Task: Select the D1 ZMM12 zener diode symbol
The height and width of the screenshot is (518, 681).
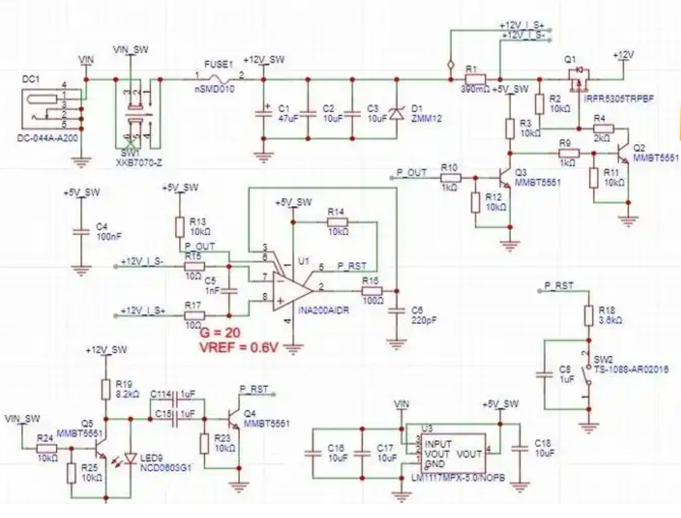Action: [397, 113]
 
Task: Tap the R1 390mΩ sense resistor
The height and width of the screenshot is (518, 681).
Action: [475, 80]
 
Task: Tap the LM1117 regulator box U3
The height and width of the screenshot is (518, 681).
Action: [453, 454]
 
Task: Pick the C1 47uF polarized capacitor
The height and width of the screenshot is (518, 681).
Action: [263, 114]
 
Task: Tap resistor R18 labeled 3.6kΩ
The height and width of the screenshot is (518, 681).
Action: [588, 316]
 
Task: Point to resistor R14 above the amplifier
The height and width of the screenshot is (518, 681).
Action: [337, 222]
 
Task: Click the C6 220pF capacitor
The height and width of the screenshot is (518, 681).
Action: [396, 310]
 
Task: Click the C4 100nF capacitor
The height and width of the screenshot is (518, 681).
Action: [81, 231]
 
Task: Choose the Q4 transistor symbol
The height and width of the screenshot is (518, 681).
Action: [234, 418]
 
